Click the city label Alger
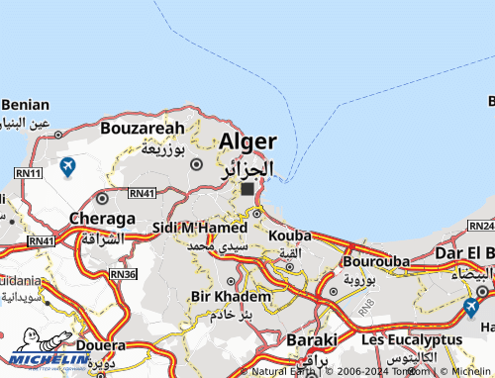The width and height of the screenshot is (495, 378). pyautogui.click(x=247, y=141)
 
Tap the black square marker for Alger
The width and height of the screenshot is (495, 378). pyautogui.click(x=247, y=188)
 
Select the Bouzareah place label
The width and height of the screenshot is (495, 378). pyautogui.click(x=142, y=128)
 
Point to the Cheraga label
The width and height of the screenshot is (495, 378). pyautogui.click(x=102, y=219)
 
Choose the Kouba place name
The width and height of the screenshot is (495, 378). pyautogui.click(x=289, y=236)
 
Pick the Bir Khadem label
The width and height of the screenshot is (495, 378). pyautogui.click(x=230, y=297)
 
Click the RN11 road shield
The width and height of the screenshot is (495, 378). pyautogui.click(x=28, y=173)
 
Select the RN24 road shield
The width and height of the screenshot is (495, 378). pyautogui.click(x=482, y=226)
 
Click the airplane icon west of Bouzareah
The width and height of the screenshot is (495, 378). pyautogui.click(x=67, y=166)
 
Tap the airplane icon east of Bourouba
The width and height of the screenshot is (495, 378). pyautogui.click(x=471, y=307)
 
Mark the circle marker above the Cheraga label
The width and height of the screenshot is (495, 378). pyautogui.click(x=101, y=199)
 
